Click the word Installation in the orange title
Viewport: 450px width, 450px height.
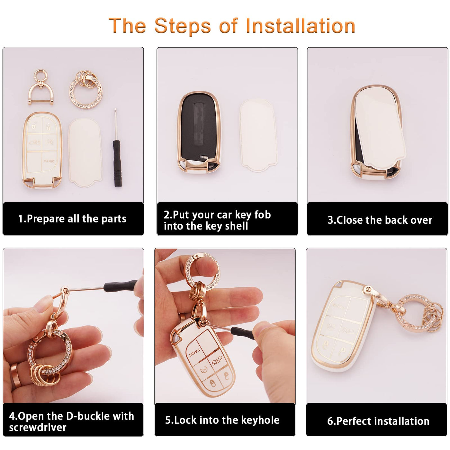coord(300,26)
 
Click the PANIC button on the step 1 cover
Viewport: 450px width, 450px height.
coord(49,161)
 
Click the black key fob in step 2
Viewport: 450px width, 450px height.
coord(199,132)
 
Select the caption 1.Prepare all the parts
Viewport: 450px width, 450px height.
coord(72,219)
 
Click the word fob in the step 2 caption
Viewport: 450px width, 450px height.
coord(263,215)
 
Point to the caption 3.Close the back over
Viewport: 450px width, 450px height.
coord(380,220)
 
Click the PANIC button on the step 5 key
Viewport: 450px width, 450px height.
coord(194,352)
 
